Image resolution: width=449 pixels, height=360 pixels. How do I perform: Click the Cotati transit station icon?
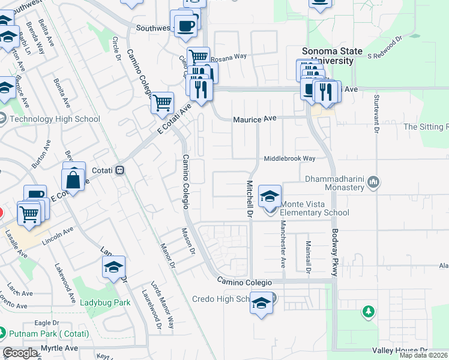(x=120, y=170)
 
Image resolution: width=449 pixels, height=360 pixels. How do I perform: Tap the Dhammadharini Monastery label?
(x=335, y=183)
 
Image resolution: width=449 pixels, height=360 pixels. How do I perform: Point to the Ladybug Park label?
(x=104, y=303)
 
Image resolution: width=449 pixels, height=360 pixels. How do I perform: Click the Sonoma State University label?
(x=328, y=56)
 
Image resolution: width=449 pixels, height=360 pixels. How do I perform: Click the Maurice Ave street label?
(x=255, y=119)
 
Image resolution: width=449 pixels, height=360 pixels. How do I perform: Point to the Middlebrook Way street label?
(x=291, y=159)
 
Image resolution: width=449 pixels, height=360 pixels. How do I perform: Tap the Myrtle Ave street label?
(x=59, y=348)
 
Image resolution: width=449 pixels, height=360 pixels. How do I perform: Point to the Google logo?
(x=20, y=353)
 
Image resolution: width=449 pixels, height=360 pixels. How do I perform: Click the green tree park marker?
(x=368, y=311)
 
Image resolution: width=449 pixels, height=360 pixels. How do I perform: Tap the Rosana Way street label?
(x=228, y=56)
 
